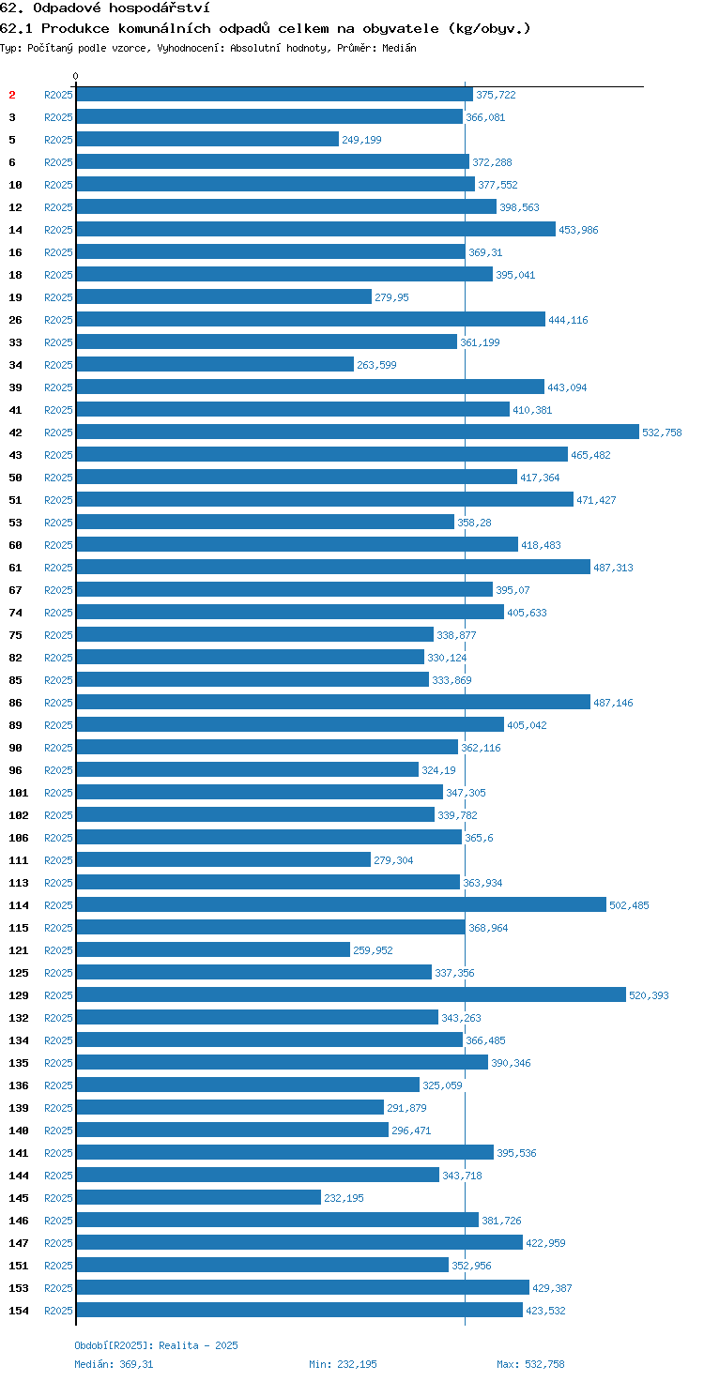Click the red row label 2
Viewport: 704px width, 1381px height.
coord(11,95)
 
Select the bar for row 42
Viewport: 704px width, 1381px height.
coord(358,432)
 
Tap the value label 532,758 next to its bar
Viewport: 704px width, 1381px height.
coord(662,433)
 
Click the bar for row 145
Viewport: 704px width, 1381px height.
coord(198,1197)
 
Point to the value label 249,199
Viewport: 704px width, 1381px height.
coord(361,140)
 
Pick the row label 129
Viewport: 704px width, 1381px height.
coord(19,995)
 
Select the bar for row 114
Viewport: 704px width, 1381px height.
coord(341,904)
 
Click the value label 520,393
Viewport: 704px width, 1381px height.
coord(649,995)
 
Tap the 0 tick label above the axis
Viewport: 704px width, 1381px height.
coord(75,76)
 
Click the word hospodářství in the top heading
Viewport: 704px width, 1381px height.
coord(160,8)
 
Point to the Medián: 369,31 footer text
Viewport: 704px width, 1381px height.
coord(114,1364)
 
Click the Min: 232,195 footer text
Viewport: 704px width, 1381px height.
coord(343,1364)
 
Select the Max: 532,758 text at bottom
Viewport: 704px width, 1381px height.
coord(530,1364)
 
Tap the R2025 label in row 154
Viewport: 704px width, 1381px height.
coord(58,1311)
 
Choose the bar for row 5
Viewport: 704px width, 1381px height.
coord(207,139)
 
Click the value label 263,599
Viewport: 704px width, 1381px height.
coord(376,365)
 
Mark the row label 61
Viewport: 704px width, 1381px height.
coord(15,568)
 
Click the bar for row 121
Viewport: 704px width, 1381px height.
coord(213,949)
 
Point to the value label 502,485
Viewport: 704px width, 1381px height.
coord(629,905)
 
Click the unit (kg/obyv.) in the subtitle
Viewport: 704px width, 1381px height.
coord(489,28)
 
